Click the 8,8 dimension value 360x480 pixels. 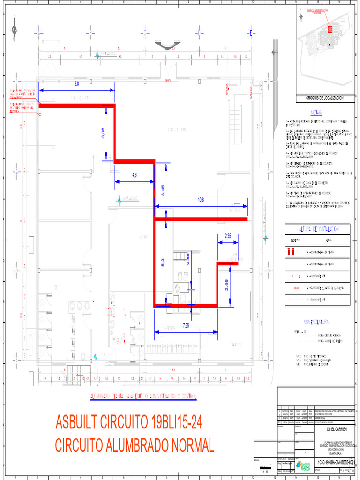pos(77,83)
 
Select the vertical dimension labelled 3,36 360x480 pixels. pos(104,133)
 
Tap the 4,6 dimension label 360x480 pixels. pos(135,175)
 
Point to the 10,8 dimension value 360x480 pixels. pos(201,200)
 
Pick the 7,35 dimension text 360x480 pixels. pos(186,326)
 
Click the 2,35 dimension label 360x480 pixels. pos(228,236)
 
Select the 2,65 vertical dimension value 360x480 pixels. pos(227,285)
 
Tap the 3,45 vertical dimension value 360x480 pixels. pos(163,190)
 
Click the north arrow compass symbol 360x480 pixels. pos(15,30)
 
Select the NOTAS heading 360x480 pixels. pos(315,112)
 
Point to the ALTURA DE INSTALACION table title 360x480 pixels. pos(318,229)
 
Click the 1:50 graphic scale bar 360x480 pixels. pos(266,467)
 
